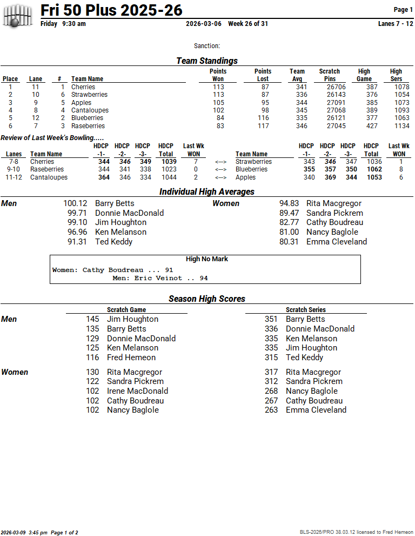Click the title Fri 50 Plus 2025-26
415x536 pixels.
tap(111, 10)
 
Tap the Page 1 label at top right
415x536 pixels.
tap(403, 10)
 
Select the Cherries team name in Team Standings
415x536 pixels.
tap(83, 87)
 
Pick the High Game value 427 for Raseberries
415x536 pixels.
tap(372, 126)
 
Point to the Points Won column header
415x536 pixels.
tap(218, 75)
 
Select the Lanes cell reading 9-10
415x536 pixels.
tap(14, 169)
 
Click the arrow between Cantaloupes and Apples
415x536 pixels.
tap(220, 177)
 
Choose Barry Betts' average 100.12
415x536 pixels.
tap(75, 203)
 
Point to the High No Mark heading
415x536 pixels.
tap(206, 259)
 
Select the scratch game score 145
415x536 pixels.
tap(92, 319)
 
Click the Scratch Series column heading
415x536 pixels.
tap(306, 310)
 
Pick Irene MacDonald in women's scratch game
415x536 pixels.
tap(137, 391)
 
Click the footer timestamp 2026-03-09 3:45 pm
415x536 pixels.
tap(24, 533)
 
